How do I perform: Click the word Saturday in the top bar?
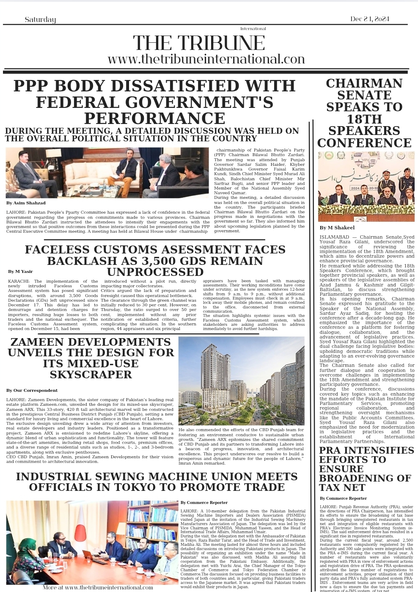point(40,19)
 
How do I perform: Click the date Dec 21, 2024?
point(369,19)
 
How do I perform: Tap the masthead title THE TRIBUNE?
point(199,43)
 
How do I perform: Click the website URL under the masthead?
point(206,59)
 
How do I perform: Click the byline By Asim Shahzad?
point(26,203)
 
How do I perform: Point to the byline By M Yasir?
point(20,272)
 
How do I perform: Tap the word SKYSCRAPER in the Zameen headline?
point(91,374)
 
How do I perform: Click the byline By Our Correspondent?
point(32,390)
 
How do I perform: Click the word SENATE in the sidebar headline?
point(364,95)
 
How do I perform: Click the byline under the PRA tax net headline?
point(343,498)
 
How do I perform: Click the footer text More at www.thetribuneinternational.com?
point(98,587)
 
